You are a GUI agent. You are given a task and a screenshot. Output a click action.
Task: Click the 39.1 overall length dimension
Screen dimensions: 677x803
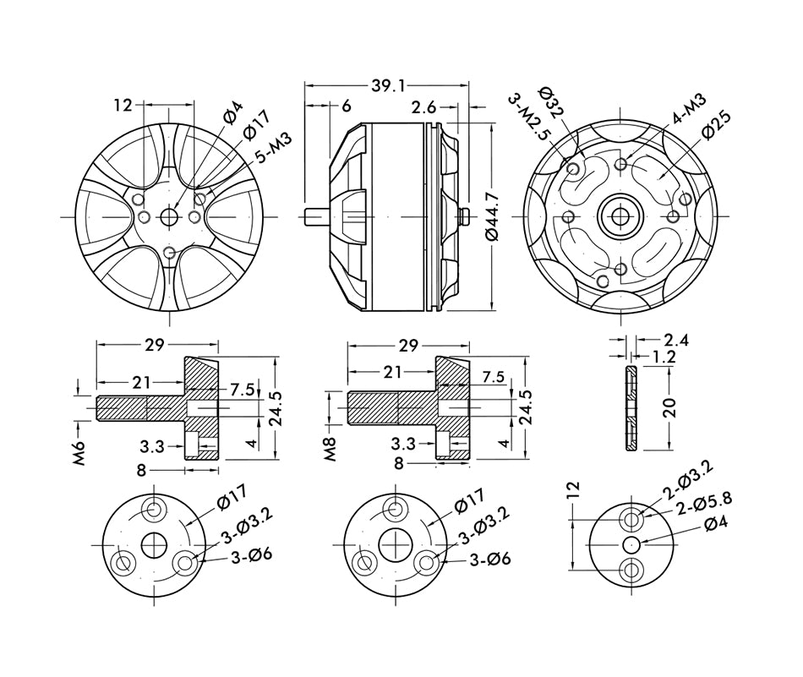(388, 85)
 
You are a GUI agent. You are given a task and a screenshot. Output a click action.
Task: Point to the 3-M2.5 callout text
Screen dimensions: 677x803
(529, 117)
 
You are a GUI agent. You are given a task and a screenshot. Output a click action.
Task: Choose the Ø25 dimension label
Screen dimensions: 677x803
(715, 127)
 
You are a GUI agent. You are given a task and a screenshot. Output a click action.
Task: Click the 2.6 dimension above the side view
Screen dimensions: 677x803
(424, 106)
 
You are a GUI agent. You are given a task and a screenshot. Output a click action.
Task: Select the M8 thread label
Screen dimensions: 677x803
(330, 449)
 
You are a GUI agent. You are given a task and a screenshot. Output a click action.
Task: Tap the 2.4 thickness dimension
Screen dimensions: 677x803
(676, 340)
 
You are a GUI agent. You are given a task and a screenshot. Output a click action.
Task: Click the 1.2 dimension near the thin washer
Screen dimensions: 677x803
(664, 358)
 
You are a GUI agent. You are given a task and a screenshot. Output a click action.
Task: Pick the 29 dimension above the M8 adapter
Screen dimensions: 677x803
(408, 346)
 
